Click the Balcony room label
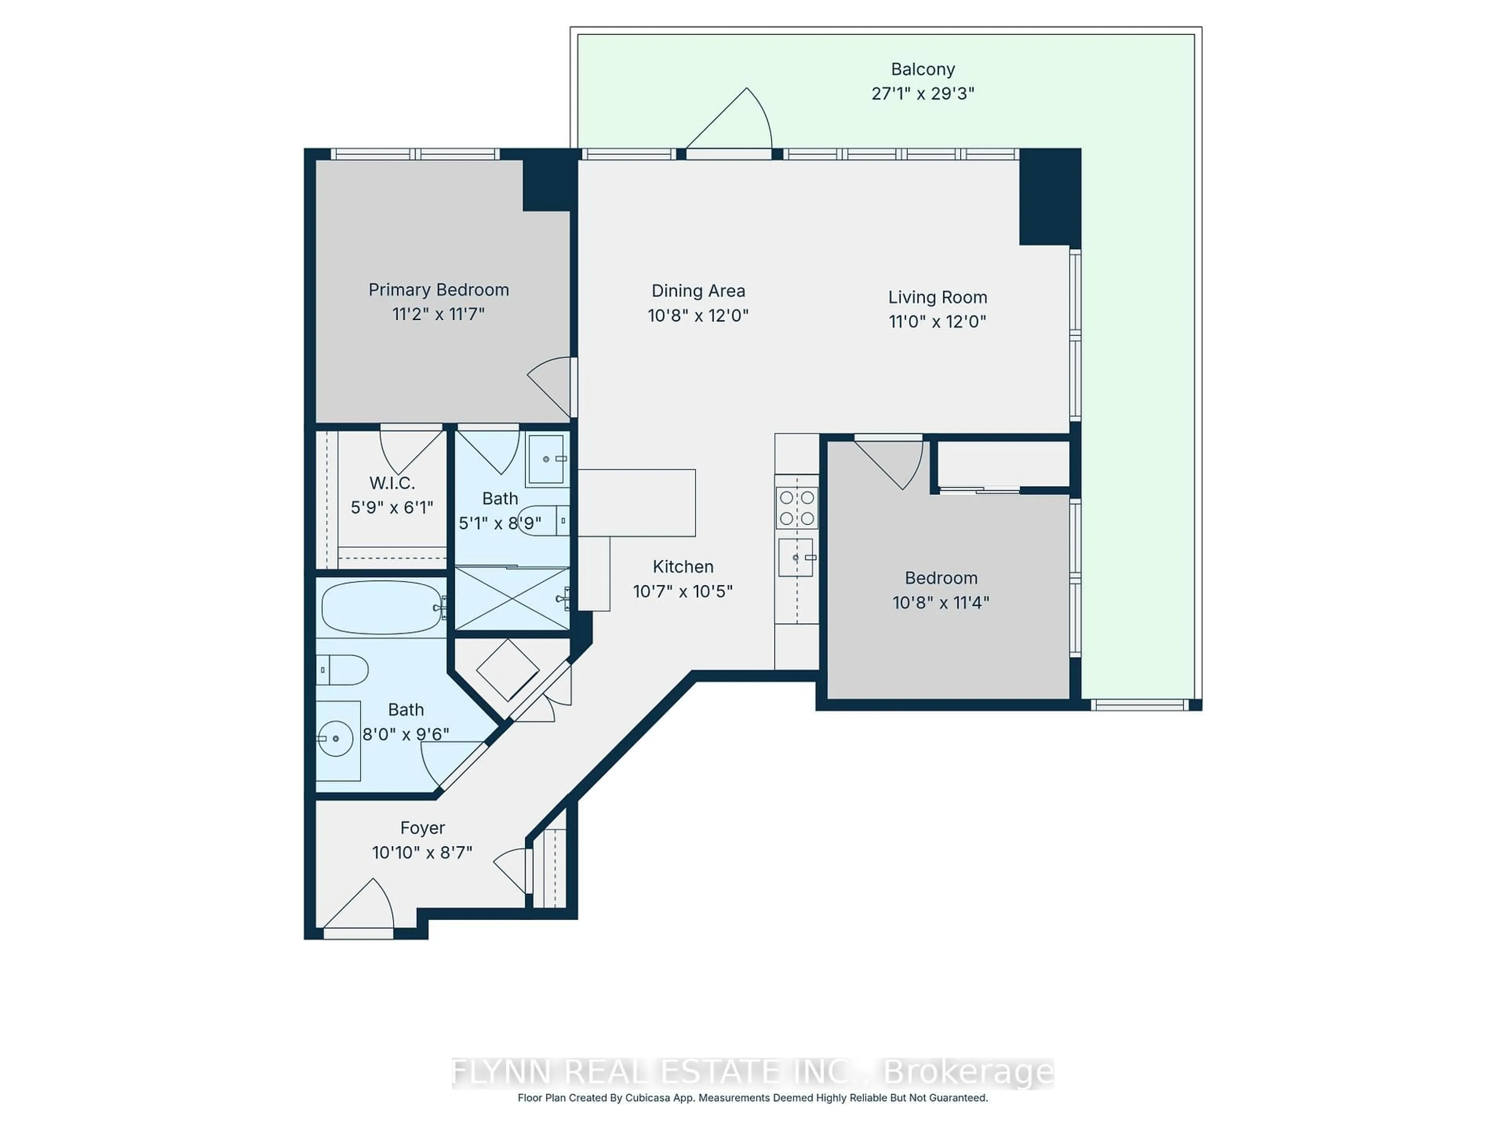(922, 69)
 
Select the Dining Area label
(698, 291)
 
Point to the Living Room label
(937, 298)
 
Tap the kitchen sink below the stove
(796, 557)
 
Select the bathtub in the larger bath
(381, 607)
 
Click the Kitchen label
(683, 567)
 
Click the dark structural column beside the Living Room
(1049, 197)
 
